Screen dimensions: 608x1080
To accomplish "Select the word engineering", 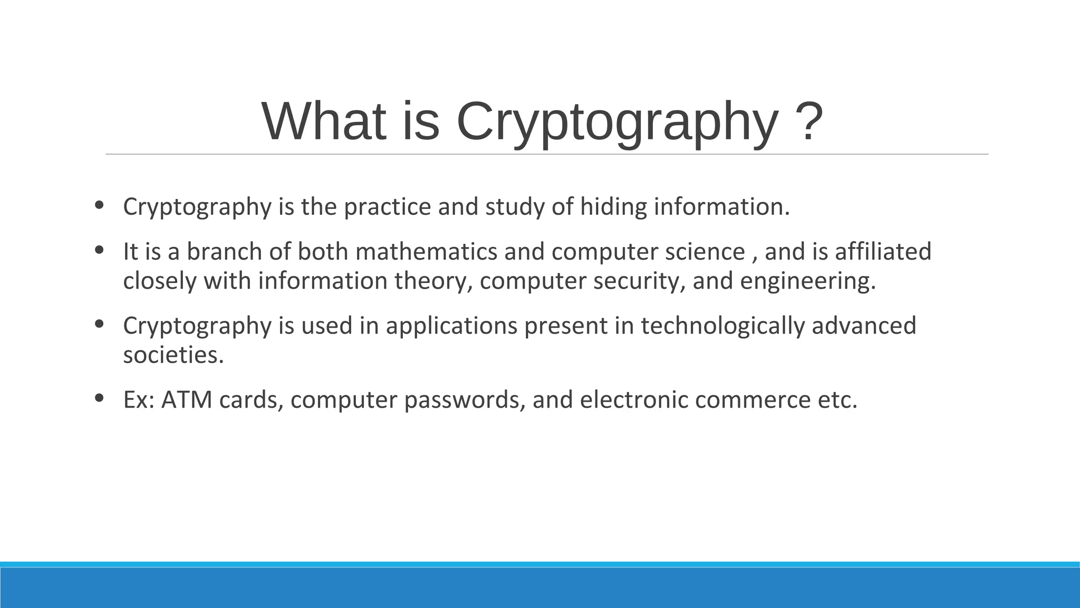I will coord(807,281).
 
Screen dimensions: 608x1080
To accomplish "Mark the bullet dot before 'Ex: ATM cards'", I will coord(99,398).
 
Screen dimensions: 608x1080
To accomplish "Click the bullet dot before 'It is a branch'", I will coord(99,250).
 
